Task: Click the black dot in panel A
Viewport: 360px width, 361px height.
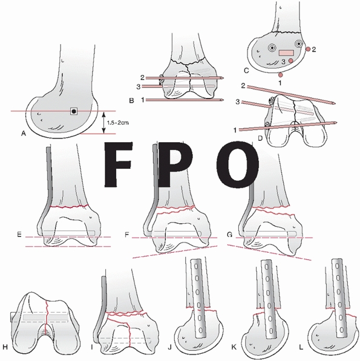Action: coord(74,111)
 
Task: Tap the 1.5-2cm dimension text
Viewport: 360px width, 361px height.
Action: coord(118,123)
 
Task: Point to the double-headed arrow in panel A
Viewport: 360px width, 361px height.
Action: coord(103,123)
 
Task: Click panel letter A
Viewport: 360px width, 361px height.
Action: coord(23,133)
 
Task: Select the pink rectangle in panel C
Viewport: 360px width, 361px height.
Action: coord(286,53)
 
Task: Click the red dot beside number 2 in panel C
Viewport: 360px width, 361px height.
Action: coord(308,49)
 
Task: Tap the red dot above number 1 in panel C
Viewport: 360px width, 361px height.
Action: coord(280,74)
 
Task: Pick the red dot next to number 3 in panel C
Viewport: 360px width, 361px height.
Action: coord(291,60)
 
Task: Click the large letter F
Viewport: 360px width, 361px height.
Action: coord(119,164)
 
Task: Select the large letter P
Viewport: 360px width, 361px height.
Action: coord(175,164)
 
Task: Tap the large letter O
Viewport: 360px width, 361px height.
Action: coord(237,164)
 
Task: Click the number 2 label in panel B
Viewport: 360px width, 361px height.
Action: coord(142,77)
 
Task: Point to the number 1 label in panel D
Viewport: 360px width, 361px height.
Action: coord(235,130)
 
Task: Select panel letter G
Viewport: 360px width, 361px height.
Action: coord(230,235)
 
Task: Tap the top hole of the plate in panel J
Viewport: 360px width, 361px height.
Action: coord(196,267)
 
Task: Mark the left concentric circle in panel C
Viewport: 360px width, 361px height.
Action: coord(272,48)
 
